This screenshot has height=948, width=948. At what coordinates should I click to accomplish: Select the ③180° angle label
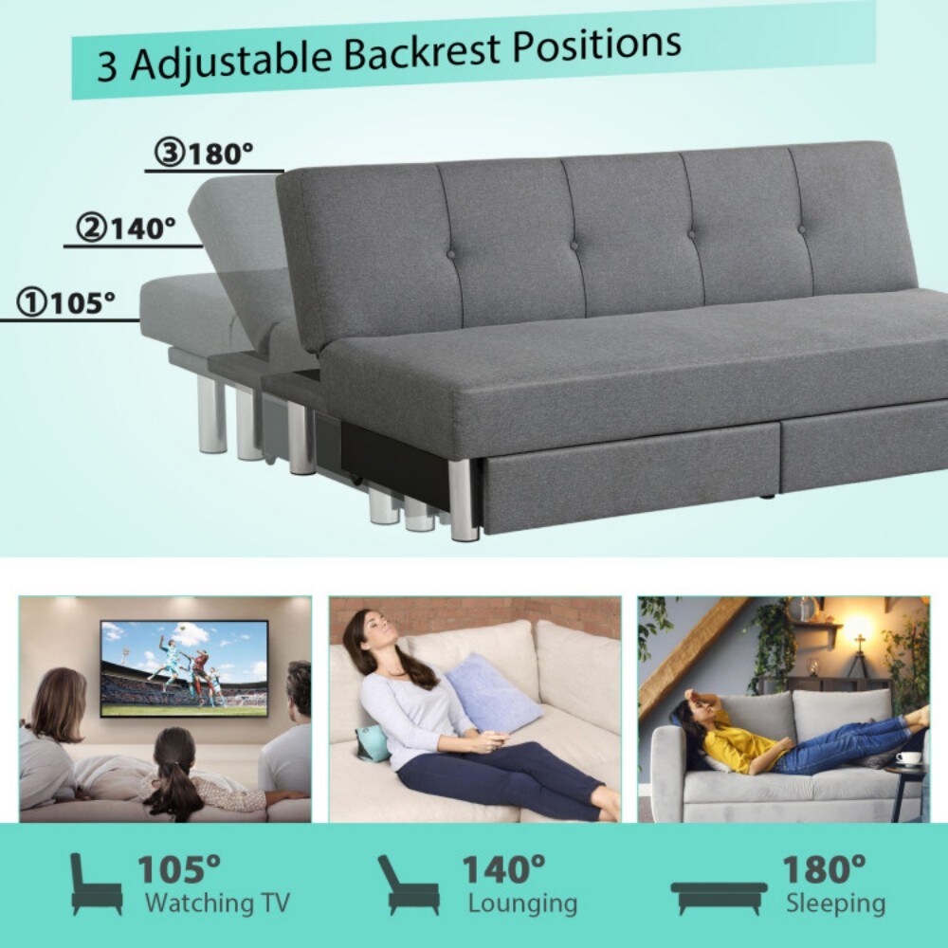[x=207, y=154]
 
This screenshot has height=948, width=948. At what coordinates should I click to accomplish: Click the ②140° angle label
[x=128, y=228]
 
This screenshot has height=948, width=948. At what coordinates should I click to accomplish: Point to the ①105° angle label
[x=65, y=302]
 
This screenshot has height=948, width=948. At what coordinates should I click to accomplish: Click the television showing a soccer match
[x=184, y=667]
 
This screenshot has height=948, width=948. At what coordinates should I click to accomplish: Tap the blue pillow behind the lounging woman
[x=492, y=693]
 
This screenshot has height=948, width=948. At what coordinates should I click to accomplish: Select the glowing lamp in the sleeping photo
[x=858, y=627]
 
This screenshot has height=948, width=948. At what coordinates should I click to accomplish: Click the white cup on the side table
[x=909, y=757]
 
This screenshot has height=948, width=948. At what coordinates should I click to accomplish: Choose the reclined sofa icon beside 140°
[x=408, y=884]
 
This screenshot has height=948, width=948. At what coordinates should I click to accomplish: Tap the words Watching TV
[x=217, y=902]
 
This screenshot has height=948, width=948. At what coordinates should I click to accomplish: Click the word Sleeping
[x=835, y=902]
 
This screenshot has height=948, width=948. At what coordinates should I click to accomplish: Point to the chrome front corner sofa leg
[x=465, y=500]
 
